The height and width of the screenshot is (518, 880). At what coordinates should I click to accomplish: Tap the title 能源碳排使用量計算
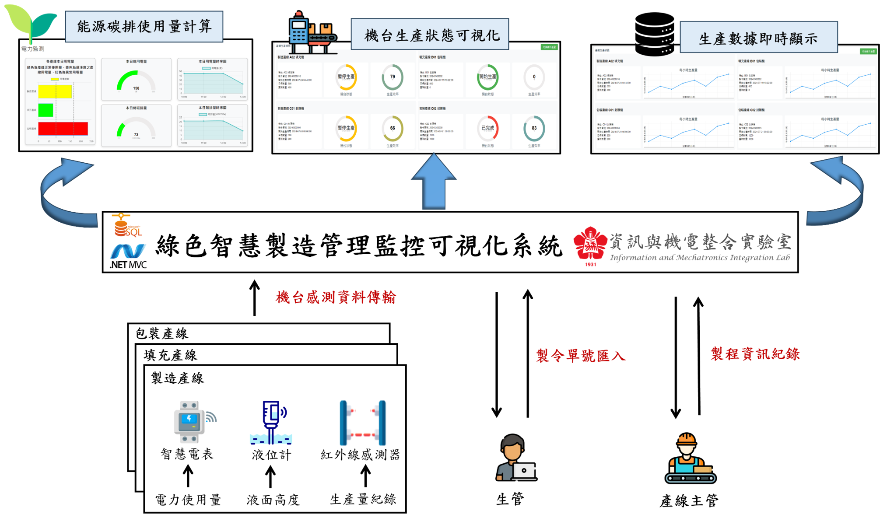point(144,27)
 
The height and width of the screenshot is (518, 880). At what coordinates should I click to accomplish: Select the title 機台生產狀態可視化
point(431,35)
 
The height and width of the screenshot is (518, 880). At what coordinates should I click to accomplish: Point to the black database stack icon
point(655,34)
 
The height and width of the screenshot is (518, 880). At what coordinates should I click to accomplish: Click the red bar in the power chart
point(63,129)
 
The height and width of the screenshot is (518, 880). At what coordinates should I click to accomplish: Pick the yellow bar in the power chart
point(55,91)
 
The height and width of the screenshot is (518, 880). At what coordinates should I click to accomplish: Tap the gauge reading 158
point(136,88)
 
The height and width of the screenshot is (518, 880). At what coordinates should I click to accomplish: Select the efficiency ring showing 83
point(534,128)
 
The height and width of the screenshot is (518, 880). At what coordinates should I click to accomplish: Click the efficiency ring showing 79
point(393,77)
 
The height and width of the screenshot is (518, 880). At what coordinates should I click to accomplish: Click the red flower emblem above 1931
point(590,243)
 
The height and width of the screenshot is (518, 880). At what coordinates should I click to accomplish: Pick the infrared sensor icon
point(362,423)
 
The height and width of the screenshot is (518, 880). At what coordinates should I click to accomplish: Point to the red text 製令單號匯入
point(581,356)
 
